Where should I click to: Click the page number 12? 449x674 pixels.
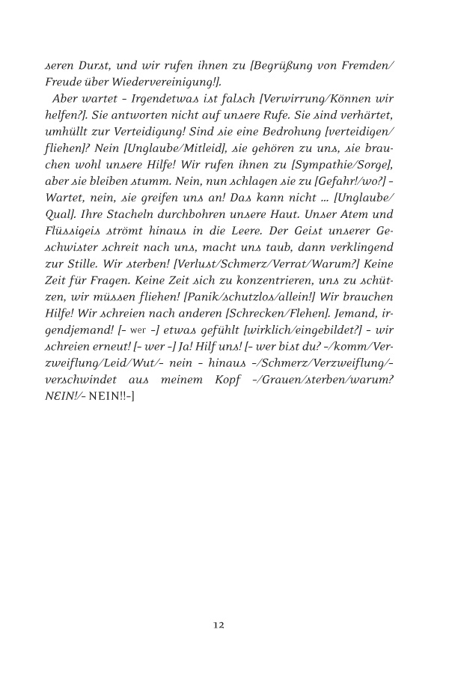[219, 625]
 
